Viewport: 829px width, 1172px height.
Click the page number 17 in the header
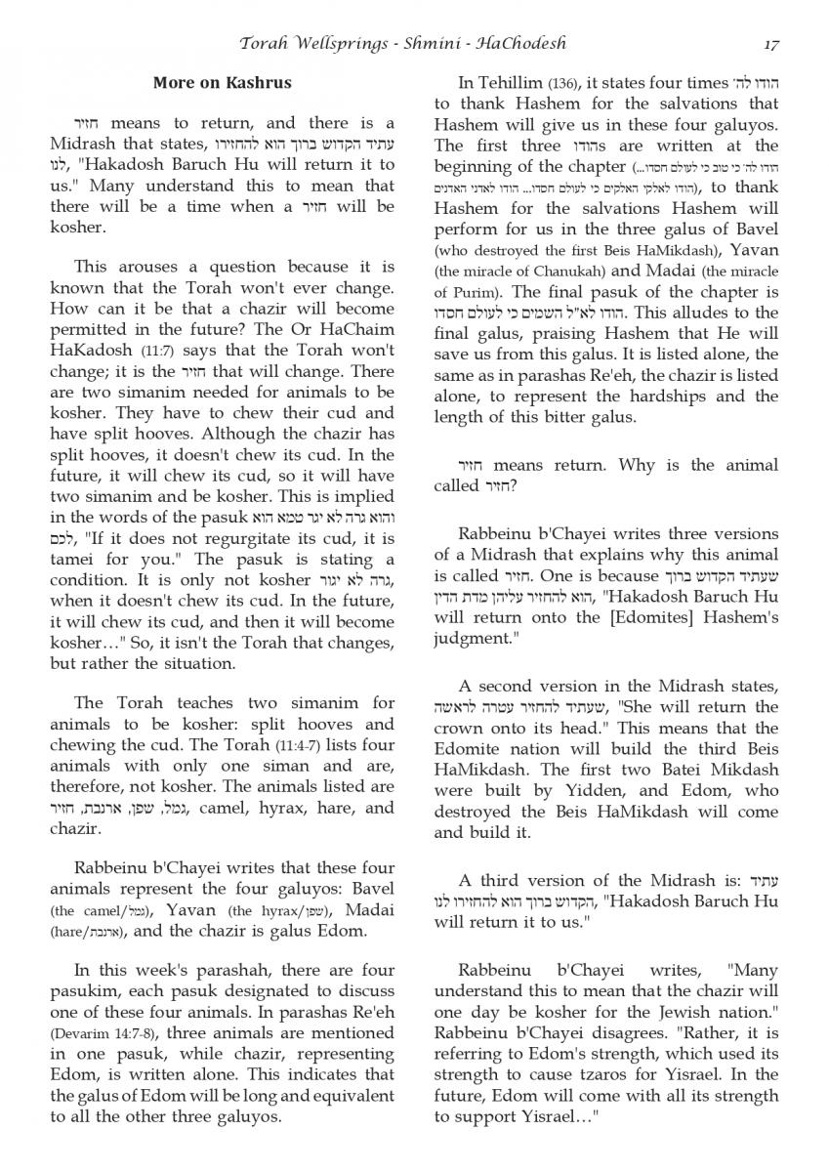pos(770,44)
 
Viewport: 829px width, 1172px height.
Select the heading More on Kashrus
pos(222,83)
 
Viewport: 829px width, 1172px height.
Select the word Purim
pos(463,291)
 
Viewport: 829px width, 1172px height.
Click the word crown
pos(457,728)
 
